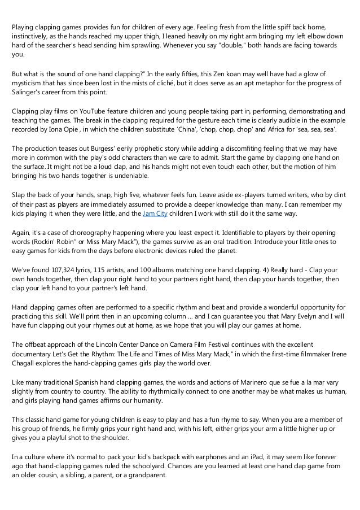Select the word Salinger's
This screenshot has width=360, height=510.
(28, 92)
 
